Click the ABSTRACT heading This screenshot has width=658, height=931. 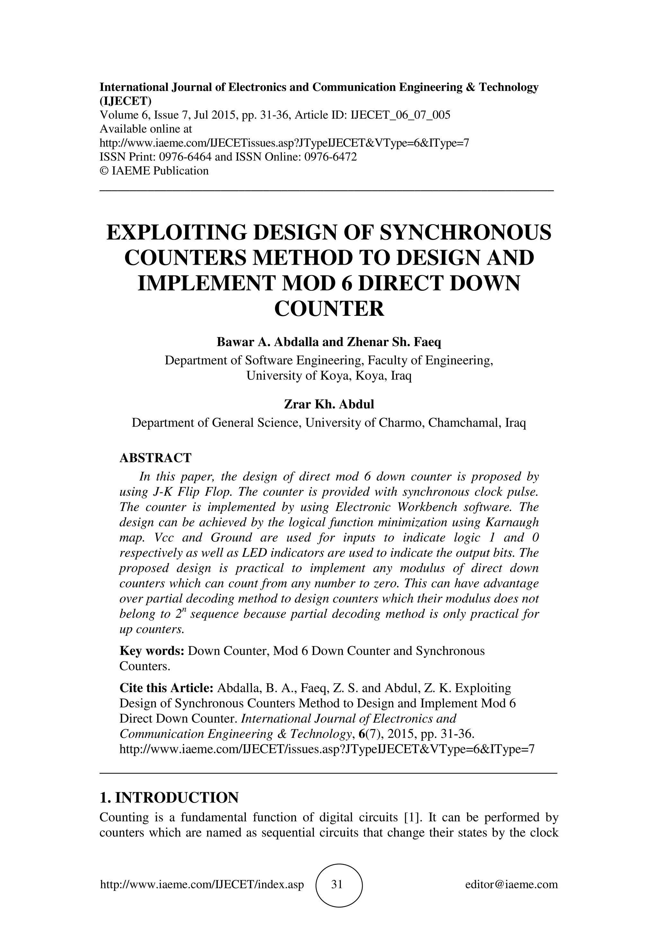(x=155, y=458)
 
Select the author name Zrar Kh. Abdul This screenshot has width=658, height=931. (x=329, y=404)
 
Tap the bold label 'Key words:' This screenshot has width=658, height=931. (x=152, y=651)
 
